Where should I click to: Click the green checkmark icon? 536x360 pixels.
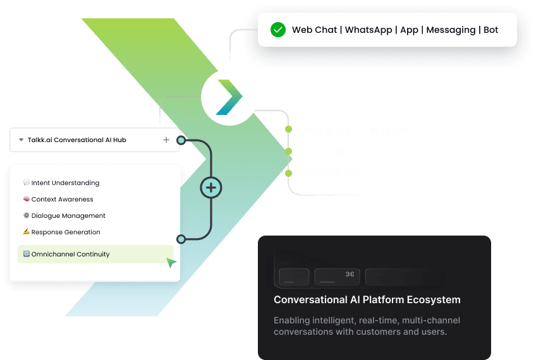(277, 30)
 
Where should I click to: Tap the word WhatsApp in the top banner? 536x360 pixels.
(368, 30)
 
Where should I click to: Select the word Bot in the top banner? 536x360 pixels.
(490, 30)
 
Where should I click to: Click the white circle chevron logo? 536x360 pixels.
(230, 97)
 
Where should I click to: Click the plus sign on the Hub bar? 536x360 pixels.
(166, 140)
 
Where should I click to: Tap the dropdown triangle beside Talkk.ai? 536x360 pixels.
(21, 140)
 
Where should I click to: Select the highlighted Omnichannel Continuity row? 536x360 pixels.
(95, 255)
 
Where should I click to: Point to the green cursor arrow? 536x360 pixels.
(171, 262)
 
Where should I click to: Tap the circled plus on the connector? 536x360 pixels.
(211, 188)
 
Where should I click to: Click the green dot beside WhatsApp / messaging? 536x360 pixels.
(288, 129)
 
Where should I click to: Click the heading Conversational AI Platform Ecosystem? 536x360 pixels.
(367, 300)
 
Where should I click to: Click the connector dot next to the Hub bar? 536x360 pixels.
(181, 140)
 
